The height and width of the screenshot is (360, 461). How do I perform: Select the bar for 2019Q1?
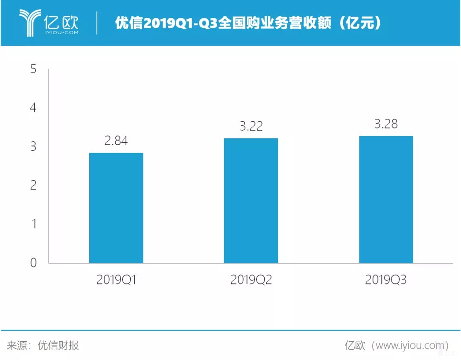coord(116,208)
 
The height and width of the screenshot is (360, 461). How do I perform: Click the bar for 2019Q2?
coord(251,200)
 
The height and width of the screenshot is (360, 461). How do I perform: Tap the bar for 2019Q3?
coord(386,199)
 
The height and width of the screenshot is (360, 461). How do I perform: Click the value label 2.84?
coord(116,141)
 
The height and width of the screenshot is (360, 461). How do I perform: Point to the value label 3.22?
coord(251,126)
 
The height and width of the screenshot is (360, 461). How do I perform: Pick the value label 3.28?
coord(386,124)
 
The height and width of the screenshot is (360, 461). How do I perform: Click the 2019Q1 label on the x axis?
coord(116,280)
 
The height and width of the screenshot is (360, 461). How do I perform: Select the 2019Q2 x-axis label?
coord(251,280)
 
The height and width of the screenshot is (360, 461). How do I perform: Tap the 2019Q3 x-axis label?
coord(386,280)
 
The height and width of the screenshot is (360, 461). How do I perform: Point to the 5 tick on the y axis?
coord(34,69)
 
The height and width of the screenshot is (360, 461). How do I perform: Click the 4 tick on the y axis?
coord(34,108)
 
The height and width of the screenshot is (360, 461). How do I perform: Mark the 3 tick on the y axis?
coord(34,146)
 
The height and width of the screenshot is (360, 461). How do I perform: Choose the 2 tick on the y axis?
coord(34,185)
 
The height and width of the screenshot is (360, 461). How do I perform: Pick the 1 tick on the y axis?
coord(34,224)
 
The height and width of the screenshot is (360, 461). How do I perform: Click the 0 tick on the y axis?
coord(34,263)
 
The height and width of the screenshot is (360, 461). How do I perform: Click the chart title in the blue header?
coord(248,23)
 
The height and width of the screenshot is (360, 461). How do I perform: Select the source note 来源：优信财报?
coord(43,345)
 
